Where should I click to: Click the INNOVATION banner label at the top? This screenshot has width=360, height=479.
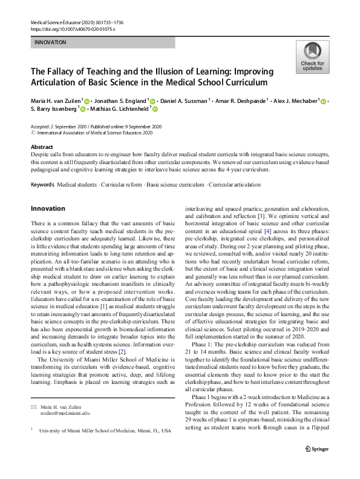tap(51, 43)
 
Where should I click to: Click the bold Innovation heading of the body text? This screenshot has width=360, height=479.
tap(48, 208)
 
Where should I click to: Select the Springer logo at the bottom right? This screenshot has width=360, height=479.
tap(322, 464)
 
